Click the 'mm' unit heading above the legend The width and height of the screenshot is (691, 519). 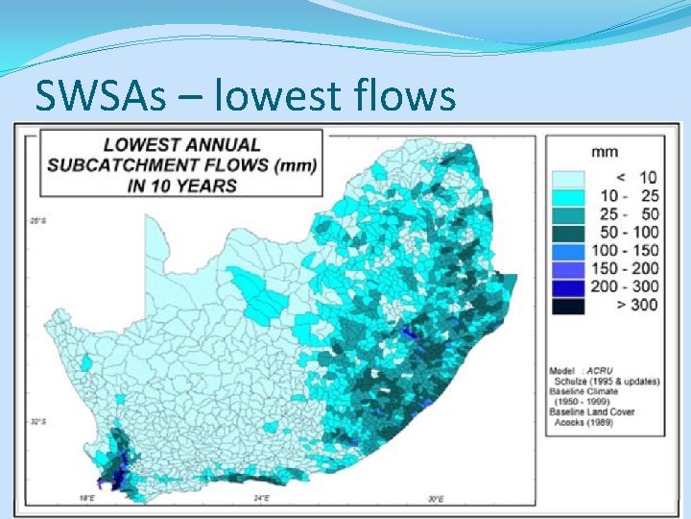point(604,151)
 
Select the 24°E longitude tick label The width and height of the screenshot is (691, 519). point(261,499)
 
